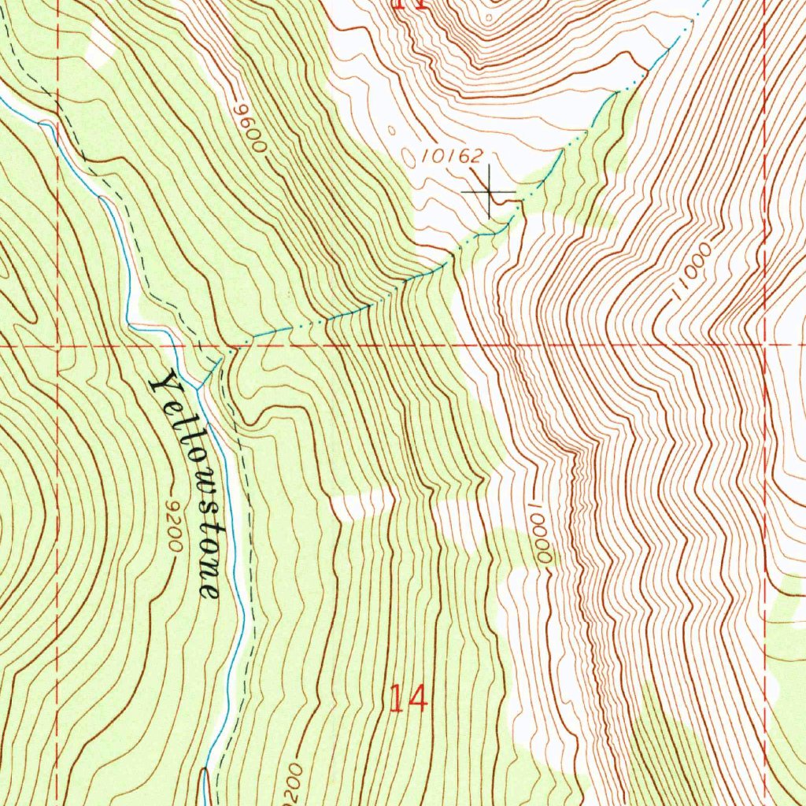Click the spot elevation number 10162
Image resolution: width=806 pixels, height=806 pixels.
click(451, 155)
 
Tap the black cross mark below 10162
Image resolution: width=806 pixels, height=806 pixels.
click(489, 192)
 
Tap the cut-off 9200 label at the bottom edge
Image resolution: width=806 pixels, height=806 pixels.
click(290, 782)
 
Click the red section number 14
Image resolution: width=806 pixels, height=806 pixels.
click(409, 698)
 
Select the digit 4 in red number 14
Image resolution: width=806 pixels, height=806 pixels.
click(418, 698)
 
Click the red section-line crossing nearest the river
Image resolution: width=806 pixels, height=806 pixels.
click(57, 345)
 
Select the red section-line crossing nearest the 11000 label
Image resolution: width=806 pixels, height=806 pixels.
click(764, 344)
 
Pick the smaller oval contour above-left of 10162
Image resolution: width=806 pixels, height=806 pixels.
click(390, 130)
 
